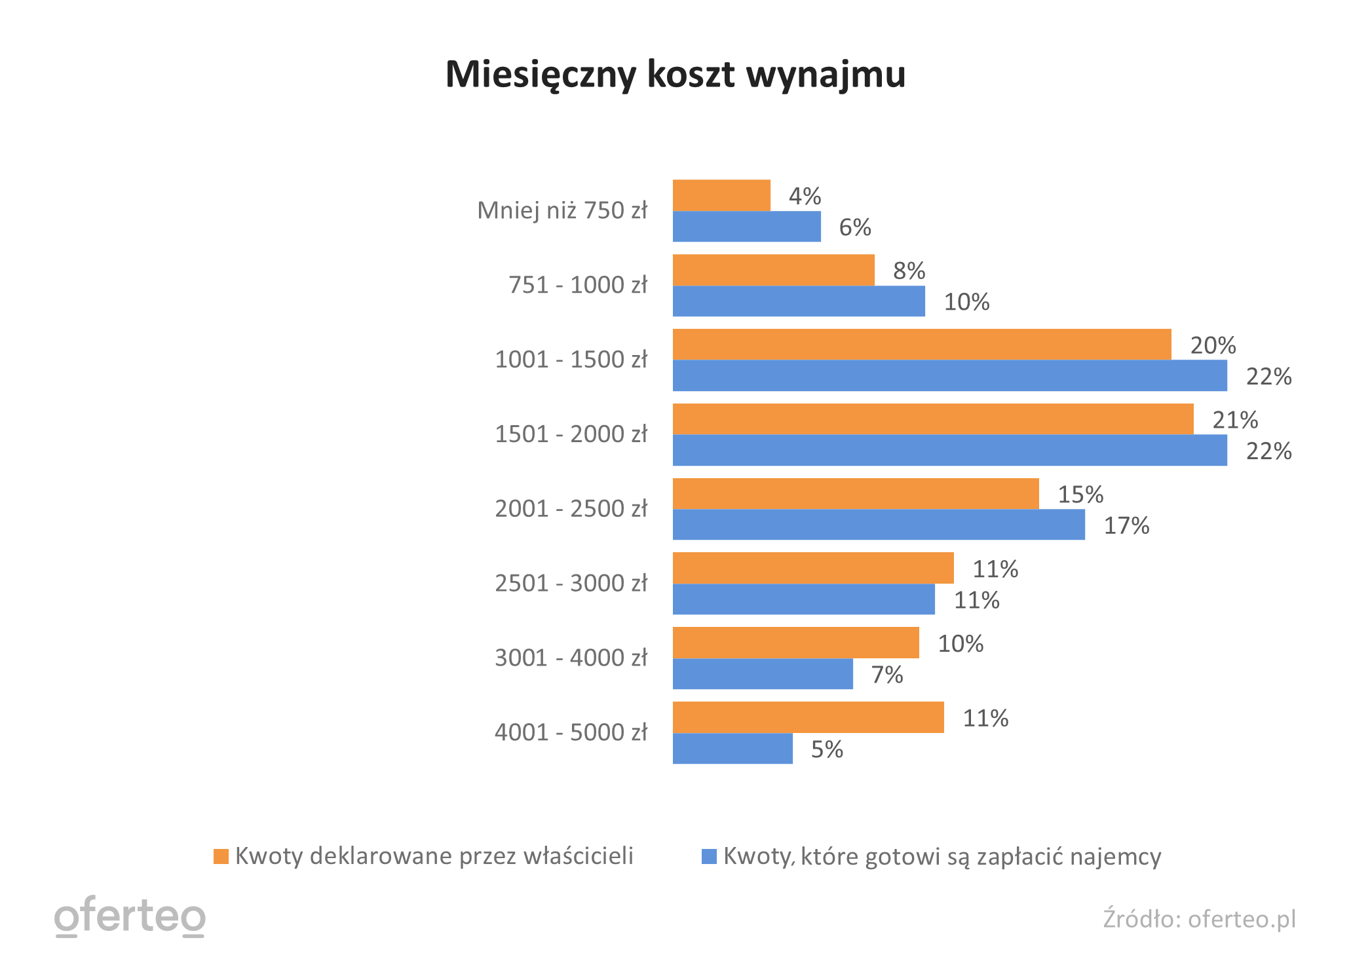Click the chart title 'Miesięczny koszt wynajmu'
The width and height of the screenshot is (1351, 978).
click(675, 74)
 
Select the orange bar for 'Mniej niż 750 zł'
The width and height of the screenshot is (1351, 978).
click(721, 195)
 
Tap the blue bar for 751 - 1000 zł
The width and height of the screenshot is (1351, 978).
click(799, 301)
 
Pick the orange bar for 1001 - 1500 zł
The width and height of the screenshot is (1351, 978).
click(922, 345)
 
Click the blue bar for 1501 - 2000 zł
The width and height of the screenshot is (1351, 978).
click(949, 451)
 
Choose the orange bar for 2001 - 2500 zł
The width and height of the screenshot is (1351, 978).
click(856, 494)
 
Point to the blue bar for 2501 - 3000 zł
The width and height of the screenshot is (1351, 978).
click(803, 599)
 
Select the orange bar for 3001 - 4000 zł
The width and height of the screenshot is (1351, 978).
click(795, 643)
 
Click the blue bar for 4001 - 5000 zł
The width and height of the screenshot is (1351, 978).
click(733, 749)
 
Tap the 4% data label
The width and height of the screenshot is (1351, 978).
click(805, 196)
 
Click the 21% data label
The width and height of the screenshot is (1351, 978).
click(1234, 420)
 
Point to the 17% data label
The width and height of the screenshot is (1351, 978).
click(1126, 525)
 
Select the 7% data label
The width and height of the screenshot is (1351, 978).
click(886, 675)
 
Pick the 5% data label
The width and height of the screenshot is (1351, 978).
click(827, 749)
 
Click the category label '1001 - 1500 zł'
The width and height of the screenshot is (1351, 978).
click(571, 360)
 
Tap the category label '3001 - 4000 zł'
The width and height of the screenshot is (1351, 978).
click(571, 658)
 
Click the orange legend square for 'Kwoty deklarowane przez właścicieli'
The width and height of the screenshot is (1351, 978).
click(221, 856)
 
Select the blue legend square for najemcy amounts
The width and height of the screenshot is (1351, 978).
click(709, 856)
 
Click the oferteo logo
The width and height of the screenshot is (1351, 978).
click(130, 916)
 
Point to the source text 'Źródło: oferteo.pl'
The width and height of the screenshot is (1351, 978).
click(1199, 919)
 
